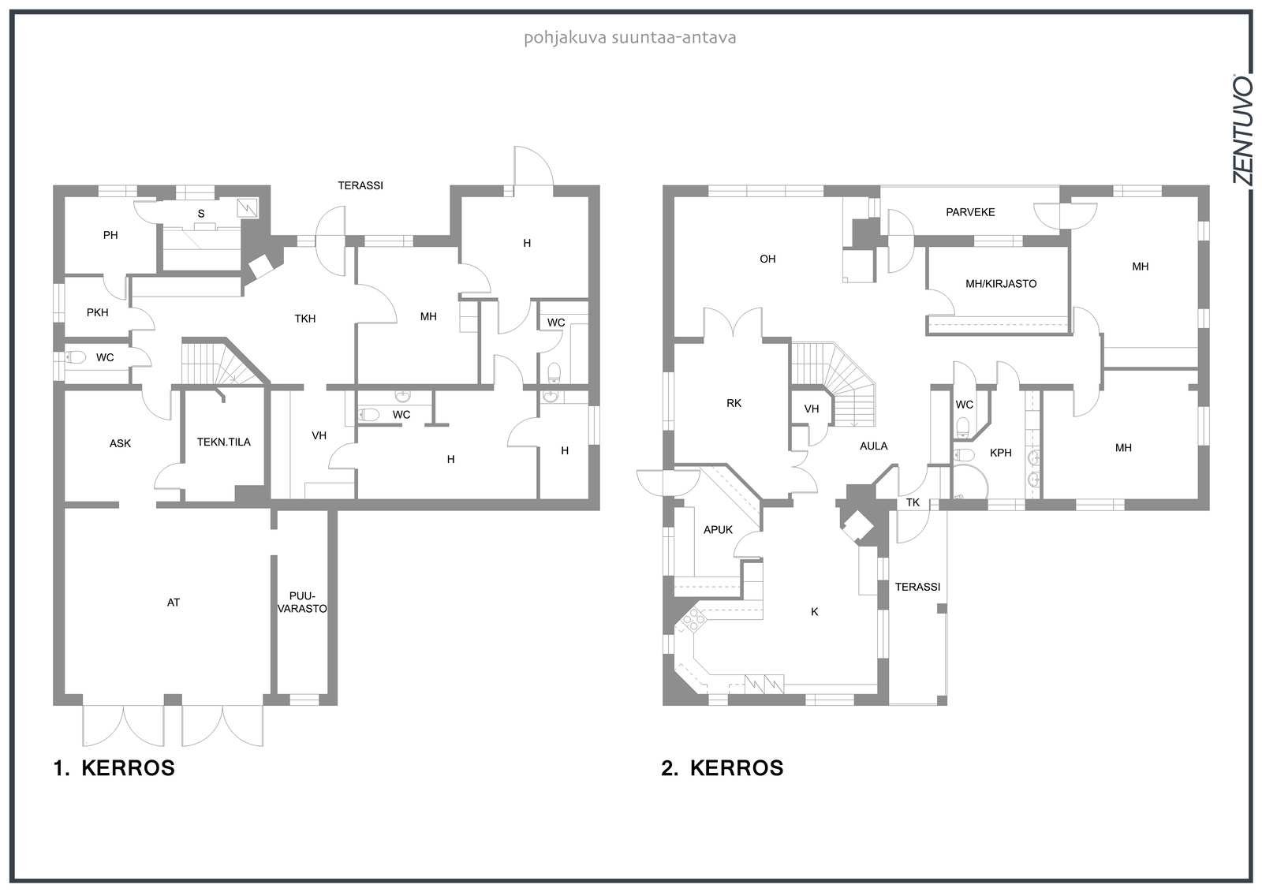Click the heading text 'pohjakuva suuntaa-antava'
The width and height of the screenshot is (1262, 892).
(x=630, y=39)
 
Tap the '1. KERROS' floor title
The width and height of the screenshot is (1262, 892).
(x=114, y=768)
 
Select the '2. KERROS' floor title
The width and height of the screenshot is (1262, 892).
(x=722, y=768)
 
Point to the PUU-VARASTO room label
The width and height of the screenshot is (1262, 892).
(x=303, y=603)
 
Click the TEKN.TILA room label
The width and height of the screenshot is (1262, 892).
(x=224, y=442)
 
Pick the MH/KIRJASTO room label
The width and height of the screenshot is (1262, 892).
(x=1001, y=284)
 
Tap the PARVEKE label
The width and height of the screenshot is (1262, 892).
(x=970, y=212)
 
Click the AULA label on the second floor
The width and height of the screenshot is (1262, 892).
(x=874, y=446)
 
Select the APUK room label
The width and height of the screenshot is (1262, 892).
(x=719, y=530)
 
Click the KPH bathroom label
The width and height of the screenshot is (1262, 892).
(x=1001, y=453)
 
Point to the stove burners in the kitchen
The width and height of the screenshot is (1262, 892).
(x=693, y=621)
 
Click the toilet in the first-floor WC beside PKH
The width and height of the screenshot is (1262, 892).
(x=76, y=357)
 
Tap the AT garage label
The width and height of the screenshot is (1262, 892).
(x=174, y=603)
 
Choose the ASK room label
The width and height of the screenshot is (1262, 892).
(x=120, y=443)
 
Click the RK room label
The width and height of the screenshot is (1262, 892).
(x=734, y=404)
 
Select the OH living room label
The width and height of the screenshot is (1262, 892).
(x=767, y=259)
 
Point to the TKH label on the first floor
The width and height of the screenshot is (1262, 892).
(x=304, y=319)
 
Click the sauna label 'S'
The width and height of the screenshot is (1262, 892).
(x=201, y=214)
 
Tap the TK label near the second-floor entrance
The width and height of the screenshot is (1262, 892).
(x=913, y=502)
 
